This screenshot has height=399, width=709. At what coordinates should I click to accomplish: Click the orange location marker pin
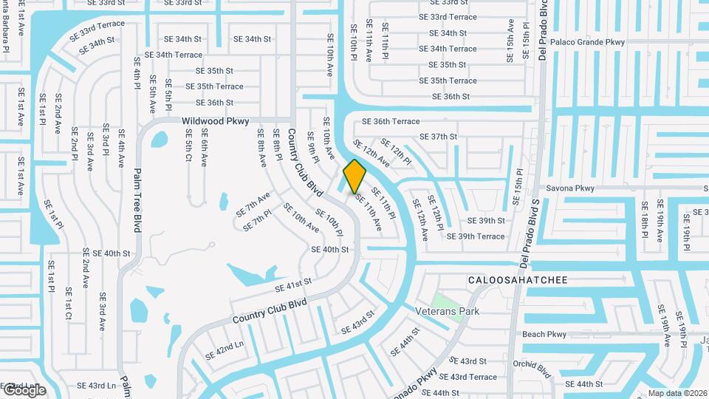[x=354, y=176]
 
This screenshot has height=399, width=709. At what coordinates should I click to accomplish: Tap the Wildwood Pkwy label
[x=216, y=120]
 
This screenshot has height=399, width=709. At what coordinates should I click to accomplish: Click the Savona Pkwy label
[x=569, y=188]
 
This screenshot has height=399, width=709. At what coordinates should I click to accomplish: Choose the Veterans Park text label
[x=447, y=312]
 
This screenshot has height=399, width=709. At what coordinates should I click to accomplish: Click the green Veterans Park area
[x=442, y=299]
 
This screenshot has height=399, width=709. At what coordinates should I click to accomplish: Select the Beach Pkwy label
[x=544, y=335]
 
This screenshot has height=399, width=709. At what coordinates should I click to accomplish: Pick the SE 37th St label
[x=439, y=137]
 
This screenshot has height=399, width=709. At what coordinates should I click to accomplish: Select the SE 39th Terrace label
[x=476, y=236]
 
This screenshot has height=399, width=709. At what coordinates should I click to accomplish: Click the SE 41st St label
[x=293, y=286]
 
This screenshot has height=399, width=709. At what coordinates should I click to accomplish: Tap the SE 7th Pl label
[x=256, y=219]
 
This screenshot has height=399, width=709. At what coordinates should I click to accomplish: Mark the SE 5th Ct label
[x=189, y=146]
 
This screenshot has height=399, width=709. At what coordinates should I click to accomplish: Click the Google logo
[x=23, y=390]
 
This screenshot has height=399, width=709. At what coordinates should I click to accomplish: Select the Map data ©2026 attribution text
[x=677, y=394]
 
